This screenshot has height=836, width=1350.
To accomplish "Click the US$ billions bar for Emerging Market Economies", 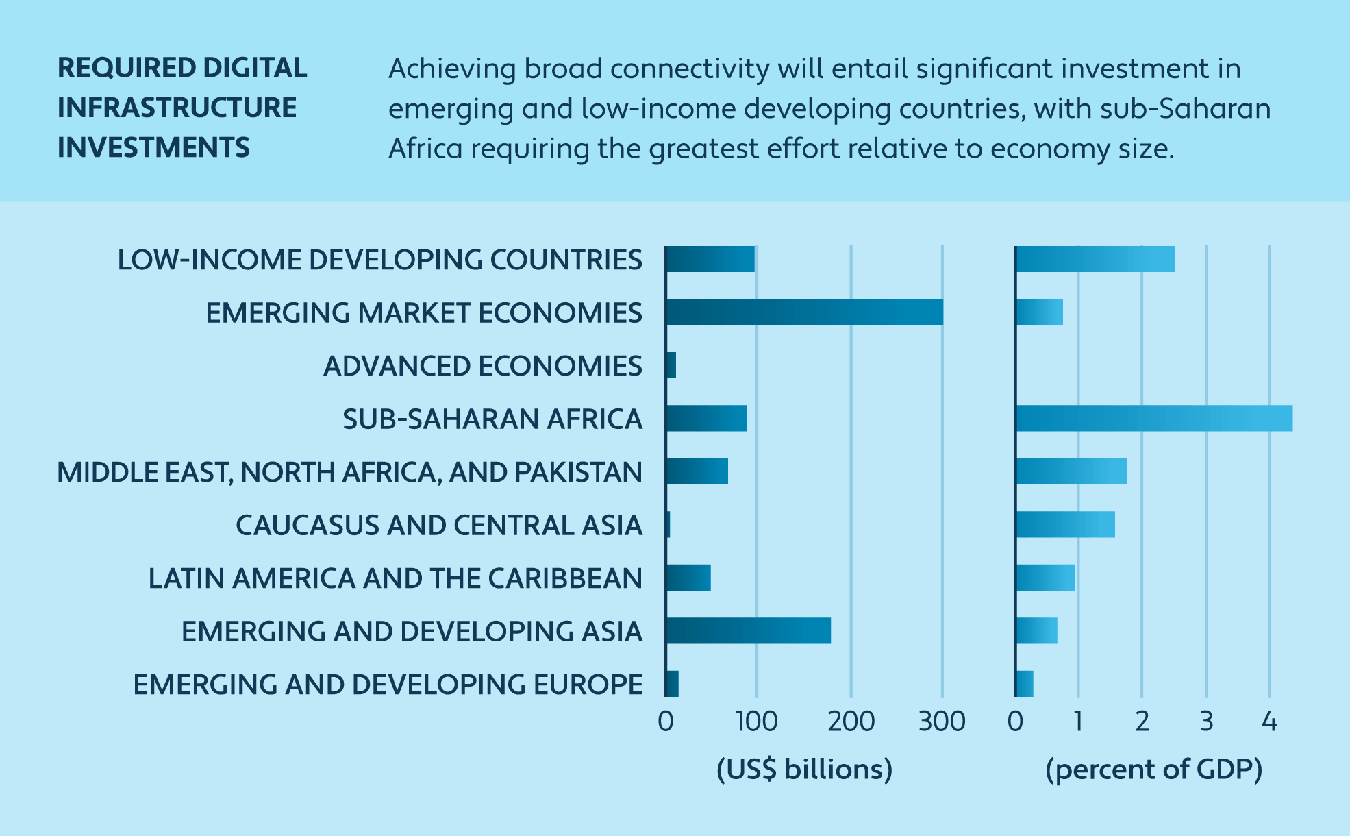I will tap(804, 312).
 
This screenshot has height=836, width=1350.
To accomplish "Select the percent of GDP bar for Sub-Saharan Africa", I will tap(1154, 419).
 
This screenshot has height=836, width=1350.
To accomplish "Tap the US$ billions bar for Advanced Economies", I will tap(671, 365).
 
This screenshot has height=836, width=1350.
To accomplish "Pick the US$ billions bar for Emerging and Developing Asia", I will tap(748, 631).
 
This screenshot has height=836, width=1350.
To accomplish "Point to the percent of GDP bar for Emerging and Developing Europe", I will tap(1025, 684).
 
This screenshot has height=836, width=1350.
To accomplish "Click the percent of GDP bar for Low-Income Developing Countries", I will tap(1095, 259).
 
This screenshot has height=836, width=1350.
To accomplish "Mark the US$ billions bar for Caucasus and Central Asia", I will tap(668, 525).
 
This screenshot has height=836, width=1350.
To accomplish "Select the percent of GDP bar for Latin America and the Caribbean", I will tap(1045, 578).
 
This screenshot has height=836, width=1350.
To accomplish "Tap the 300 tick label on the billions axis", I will tap(942, 722).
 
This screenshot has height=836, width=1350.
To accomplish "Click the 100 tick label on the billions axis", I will tap(756, 722).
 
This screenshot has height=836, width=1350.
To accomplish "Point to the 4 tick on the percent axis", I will tap(1269, 722).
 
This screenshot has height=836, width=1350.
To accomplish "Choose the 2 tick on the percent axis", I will tap(1142, 722).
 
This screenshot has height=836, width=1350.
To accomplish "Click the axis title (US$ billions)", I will tap(804, 770).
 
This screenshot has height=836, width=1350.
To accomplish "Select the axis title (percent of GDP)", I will tap(1153, 770).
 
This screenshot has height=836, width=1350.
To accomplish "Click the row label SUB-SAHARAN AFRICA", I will tap(492, 419).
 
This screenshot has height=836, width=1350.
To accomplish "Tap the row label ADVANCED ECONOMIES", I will tap(482, 366).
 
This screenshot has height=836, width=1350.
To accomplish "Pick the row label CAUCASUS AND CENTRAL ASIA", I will tap(438, 526).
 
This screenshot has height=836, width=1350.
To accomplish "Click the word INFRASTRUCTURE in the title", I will tap(177, 108).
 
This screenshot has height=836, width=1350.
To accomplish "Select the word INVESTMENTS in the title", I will tap(153, 148).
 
